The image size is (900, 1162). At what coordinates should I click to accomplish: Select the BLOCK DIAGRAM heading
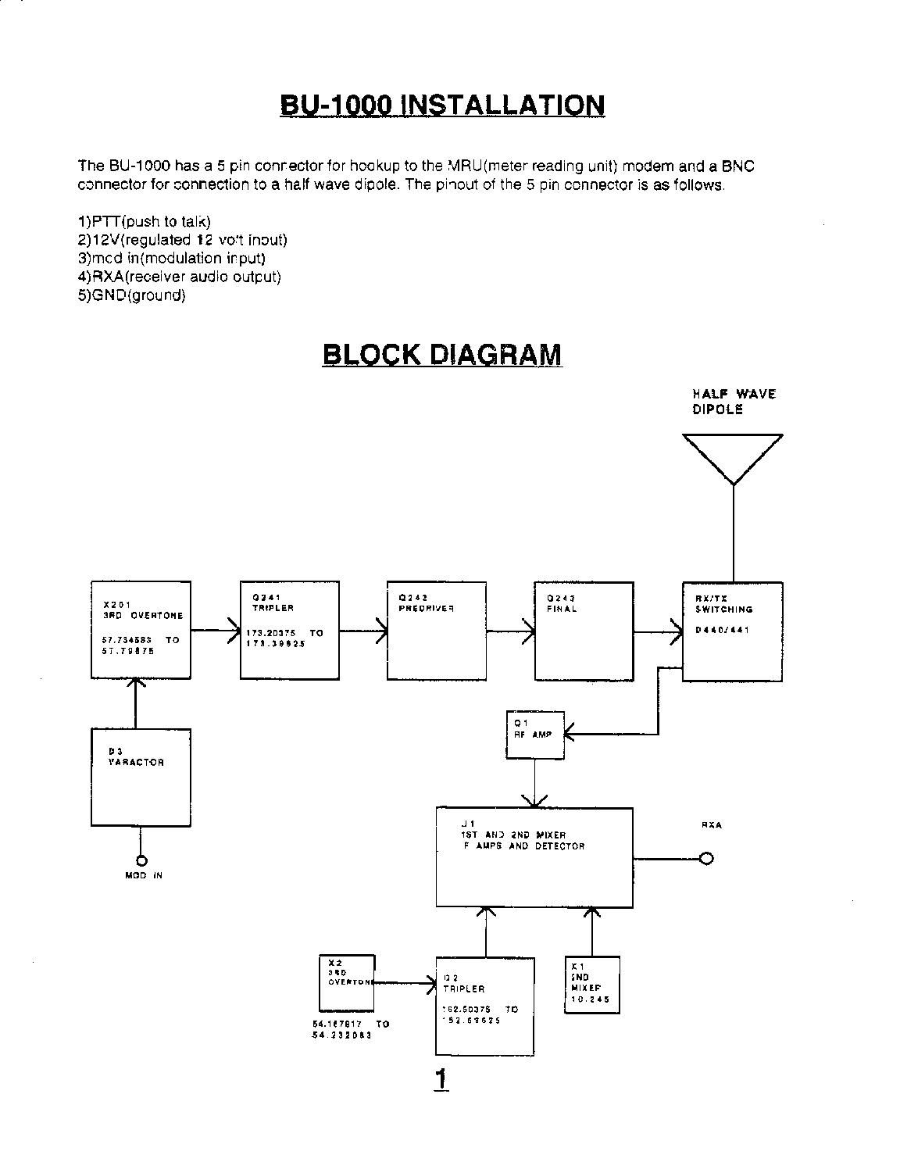tap(441, 354)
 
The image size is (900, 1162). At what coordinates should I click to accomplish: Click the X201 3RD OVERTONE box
tap(141, 630)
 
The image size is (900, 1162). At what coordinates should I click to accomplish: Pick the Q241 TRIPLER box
tap(290, 630)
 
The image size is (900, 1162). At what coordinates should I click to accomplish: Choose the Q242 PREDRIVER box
tap(437, 630)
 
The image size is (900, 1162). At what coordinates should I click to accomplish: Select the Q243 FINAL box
tap(584, 630)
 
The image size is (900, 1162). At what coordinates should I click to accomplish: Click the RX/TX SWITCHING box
tap(732, 631)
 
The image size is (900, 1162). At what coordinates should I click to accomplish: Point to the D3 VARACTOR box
tap(141, 778)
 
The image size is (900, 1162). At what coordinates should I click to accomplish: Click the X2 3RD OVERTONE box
tap(346, 982)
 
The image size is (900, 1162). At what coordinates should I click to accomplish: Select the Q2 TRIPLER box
tap(485, 1005)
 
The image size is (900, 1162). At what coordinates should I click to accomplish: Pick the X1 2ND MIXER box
tap(592, 985)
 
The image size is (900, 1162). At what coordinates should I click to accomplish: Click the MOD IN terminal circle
tap(141, 860)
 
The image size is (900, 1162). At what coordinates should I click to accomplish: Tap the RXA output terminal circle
tap(707, 859)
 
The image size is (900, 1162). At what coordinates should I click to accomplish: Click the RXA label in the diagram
tap(711, 825)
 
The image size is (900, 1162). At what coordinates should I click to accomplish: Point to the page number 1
tap(441, 1079)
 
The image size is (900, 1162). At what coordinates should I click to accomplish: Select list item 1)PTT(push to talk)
tap(144, 222)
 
